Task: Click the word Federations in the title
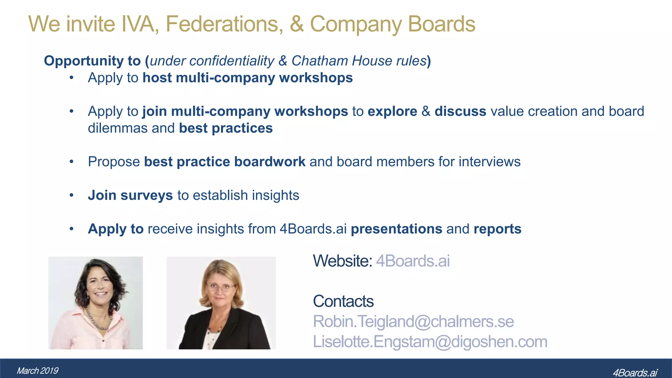coord(224,24)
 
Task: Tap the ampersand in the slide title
coord(296,24)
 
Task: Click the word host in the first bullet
coord(157,78)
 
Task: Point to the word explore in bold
coord(392,112)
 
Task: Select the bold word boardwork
coord(270,162)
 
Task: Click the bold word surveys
coord(147,196)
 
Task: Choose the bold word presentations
coord(396,229)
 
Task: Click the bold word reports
coord(497,229)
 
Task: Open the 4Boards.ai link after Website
coord(413,261)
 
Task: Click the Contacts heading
coord(343,301)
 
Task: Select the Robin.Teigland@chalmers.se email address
coord(413,321)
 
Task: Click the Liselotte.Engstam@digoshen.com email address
coord(430,342)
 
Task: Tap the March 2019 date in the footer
coord(37,371)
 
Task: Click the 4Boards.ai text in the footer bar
coord(635,373)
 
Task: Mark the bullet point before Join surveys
coord(72,196)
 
